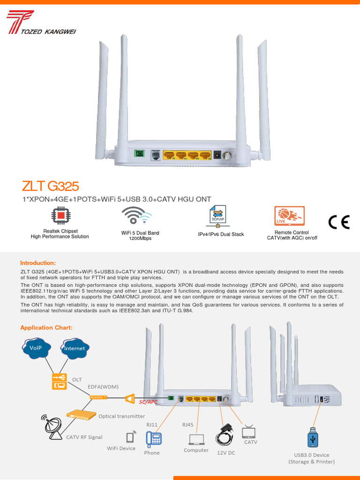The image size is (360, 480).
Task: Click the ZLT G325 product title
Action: [50, 186]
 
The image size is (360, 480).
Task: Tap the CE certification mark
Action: [338, 222]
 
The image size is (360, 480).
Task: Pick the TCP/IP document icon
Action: [217, 216]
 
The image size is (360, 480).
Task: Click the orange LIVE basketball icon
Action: [289, 216]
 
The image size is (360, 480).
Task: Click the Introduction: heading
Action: [37, 263]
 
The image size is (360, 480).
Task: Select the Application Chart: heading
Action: [46, 328]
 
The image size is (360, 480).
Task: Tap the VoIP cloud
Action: [36, 348]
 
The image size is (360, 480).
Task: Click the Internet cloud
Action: [75, 348]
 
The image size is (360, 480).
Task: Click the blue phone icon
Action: [153, 438]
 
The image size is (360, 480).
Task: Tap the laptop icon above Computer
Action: [196, 439]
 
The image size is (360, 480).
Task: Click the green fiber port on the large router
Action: [138, 154]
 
